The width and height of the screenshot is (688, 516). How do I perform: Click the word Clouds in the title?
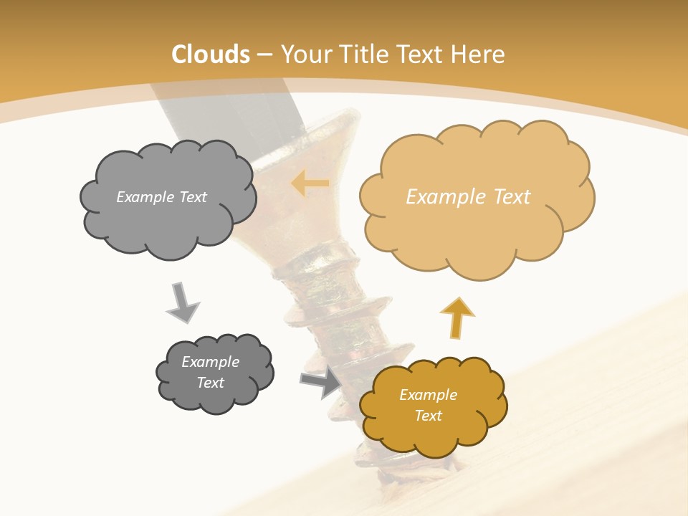211,54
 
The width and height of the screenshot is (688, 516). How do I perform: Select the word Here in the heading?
479,54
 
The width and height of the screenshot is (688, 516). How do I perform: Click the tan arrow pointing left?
310,183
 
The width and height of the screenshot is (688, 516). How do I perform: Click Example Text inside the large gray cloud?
161,197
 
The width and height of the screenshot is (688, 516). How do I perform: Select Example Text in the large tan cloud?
468,197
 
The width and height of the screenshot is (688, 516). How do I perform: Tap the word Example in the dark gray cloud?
210,362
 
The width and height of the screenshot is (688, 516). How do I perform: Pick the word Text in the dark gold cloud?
428,416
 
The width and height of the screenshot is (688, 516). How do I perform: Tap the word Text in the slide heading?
424,54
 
